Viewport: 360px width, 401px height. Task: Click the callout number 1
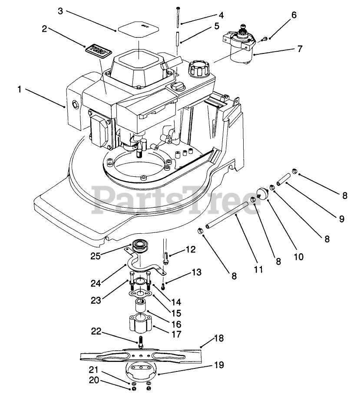[x=20, y=89]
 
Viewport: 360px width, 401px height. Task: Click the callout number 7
[x=300, y=49]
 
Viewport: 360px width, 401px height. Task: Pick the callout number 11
[x=259, y=269]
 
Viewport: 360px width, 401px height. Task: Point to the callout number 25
[x=96, y=256]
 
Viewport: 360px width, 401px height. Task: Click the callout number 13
[x=196, y=272]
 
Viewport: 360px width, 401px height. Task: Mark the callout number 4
[x=221, y=15]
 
